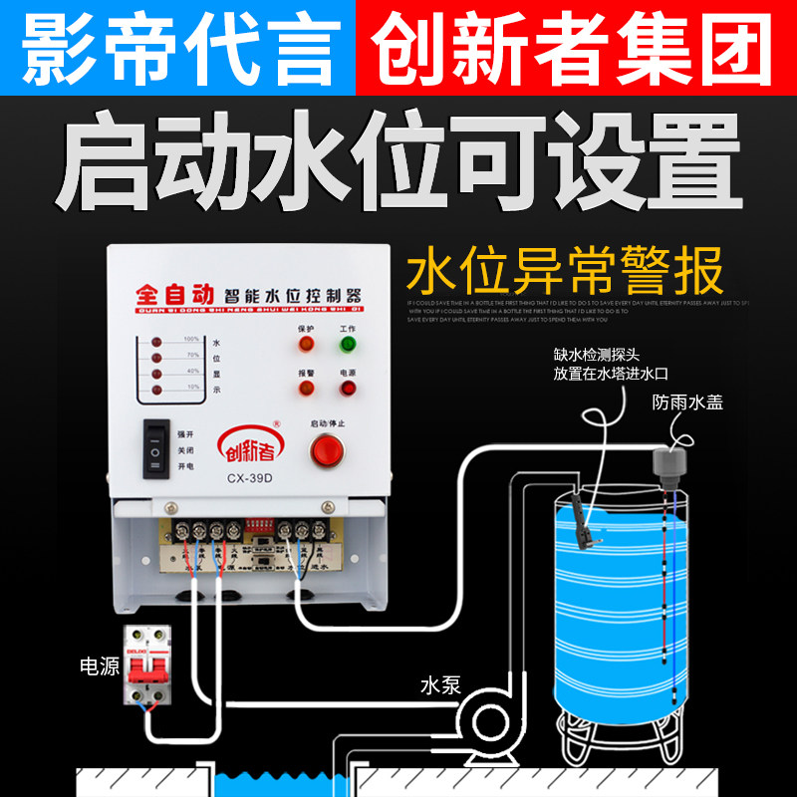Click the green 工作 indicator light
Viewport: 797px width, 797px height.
tap(348, 345)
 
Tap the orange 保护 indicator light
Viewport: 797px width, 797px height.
tap(306, 345)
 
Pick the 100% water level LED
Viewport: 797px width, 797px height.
tap(156, 343)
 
